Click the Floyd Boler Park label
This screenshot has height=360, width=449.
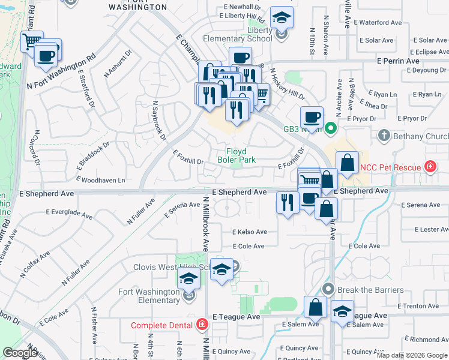241,155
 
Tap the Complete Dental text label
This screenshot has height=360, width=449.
164,325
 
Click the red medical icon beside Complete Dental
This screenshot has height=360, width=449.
203,325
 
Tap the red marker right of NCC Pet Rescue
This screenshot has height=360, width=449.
430,166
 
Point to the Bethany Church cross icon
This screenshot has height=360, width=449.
384,136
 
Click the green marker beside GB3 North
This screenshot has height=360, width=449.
330,128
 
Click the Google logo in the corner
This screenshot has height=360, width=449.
20,353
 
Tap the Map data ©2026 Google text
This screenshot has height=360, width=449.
411,355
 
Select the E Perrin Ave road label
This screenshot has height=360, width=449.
398,61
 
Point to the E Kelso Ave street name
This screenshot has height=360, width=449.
250,232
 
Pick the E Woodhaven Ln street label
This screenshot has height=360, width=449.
103,180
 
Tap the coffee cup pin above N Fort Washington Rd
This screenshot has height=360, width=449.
46,55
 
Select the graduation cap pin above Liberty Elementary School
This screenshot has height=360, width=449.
280,17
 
